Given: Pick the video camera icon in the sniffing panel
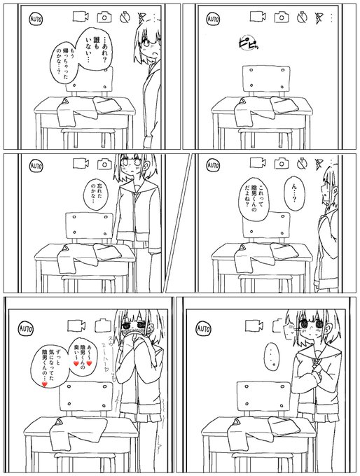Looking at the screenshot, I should [74, 325].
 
